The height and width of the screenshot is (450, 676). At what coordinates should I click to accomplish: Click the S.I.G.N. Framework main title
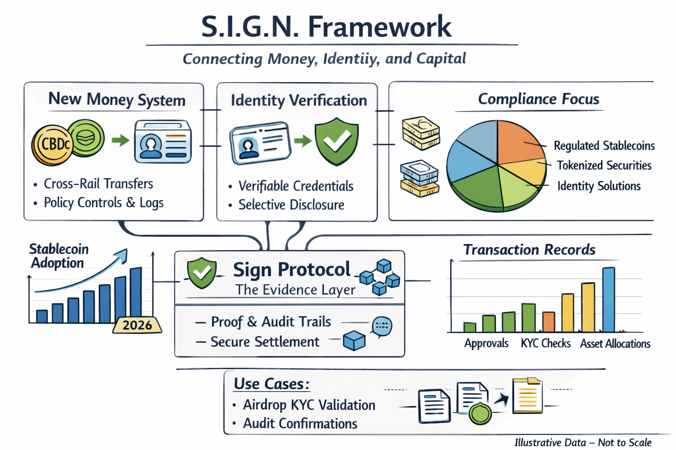click(326, 27)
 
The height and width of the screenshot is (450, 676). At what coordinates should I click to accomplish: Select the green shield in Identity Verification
click(337, 141)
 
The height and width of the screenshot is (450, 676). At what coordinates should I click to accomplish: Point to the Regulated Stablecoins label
click(604, 145)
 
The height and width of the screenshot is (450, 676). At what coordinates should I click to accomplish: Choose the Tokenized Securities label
click(604, 165)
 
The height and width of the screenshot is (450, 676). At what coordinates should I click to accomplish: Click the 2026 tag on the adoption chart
click(137, 325)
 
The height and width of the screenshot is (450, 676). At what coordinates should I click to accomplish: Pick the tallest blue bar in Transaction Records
click(609, 299)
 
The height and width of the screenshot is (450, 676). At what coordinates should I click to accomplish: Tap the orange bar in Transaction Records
click(548, 322)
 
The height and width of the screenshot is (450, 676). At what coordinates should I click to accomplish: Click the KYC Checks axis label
click(546, 343)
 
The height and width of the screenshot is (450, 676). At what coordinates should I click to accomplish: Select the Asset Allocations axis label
click(615, 344)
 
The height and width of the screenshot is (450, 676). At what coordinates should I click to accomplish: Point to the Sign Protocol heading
click(291, 269)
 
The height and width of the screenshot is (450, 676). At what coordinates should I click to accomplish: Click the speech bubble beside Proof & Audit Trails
click(382, 326)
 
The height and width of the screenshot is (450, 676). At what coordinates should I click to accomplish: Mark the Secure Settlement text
click(265, 342)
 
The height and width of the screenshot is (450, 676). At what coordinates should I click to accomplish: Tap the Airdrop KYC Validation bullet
click(309, 405)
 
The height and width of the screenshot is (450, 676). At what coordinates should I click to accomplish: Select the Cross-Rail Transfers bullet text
click(98, 184)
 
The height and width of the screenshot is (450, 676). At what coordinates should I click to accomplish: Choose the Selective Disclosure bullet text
click(291, 205)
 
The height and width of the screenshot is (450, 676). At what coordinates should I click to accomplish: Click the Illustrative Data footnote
click(583, 442)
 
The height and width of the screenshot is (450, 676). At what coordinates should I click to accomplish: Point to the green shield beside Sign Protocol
click(202, 272)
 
